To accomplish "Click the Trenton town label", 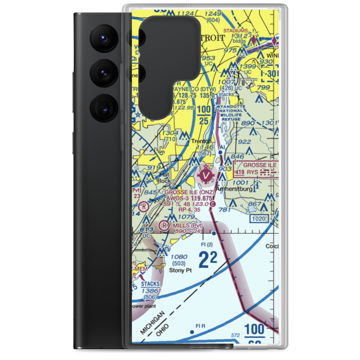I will tap(201, 141).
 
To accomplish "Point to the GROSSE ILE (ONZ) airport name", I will tap(189, 192).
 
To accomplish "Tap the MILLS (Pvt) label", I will tap(188, 225).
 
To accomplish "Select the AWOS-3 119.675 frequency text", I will tap(189, 198).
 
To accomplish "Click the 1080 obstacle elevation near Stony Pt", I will tap(179, 257).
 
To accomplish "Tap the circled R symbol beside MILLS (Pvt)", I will tap(164, 225).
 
